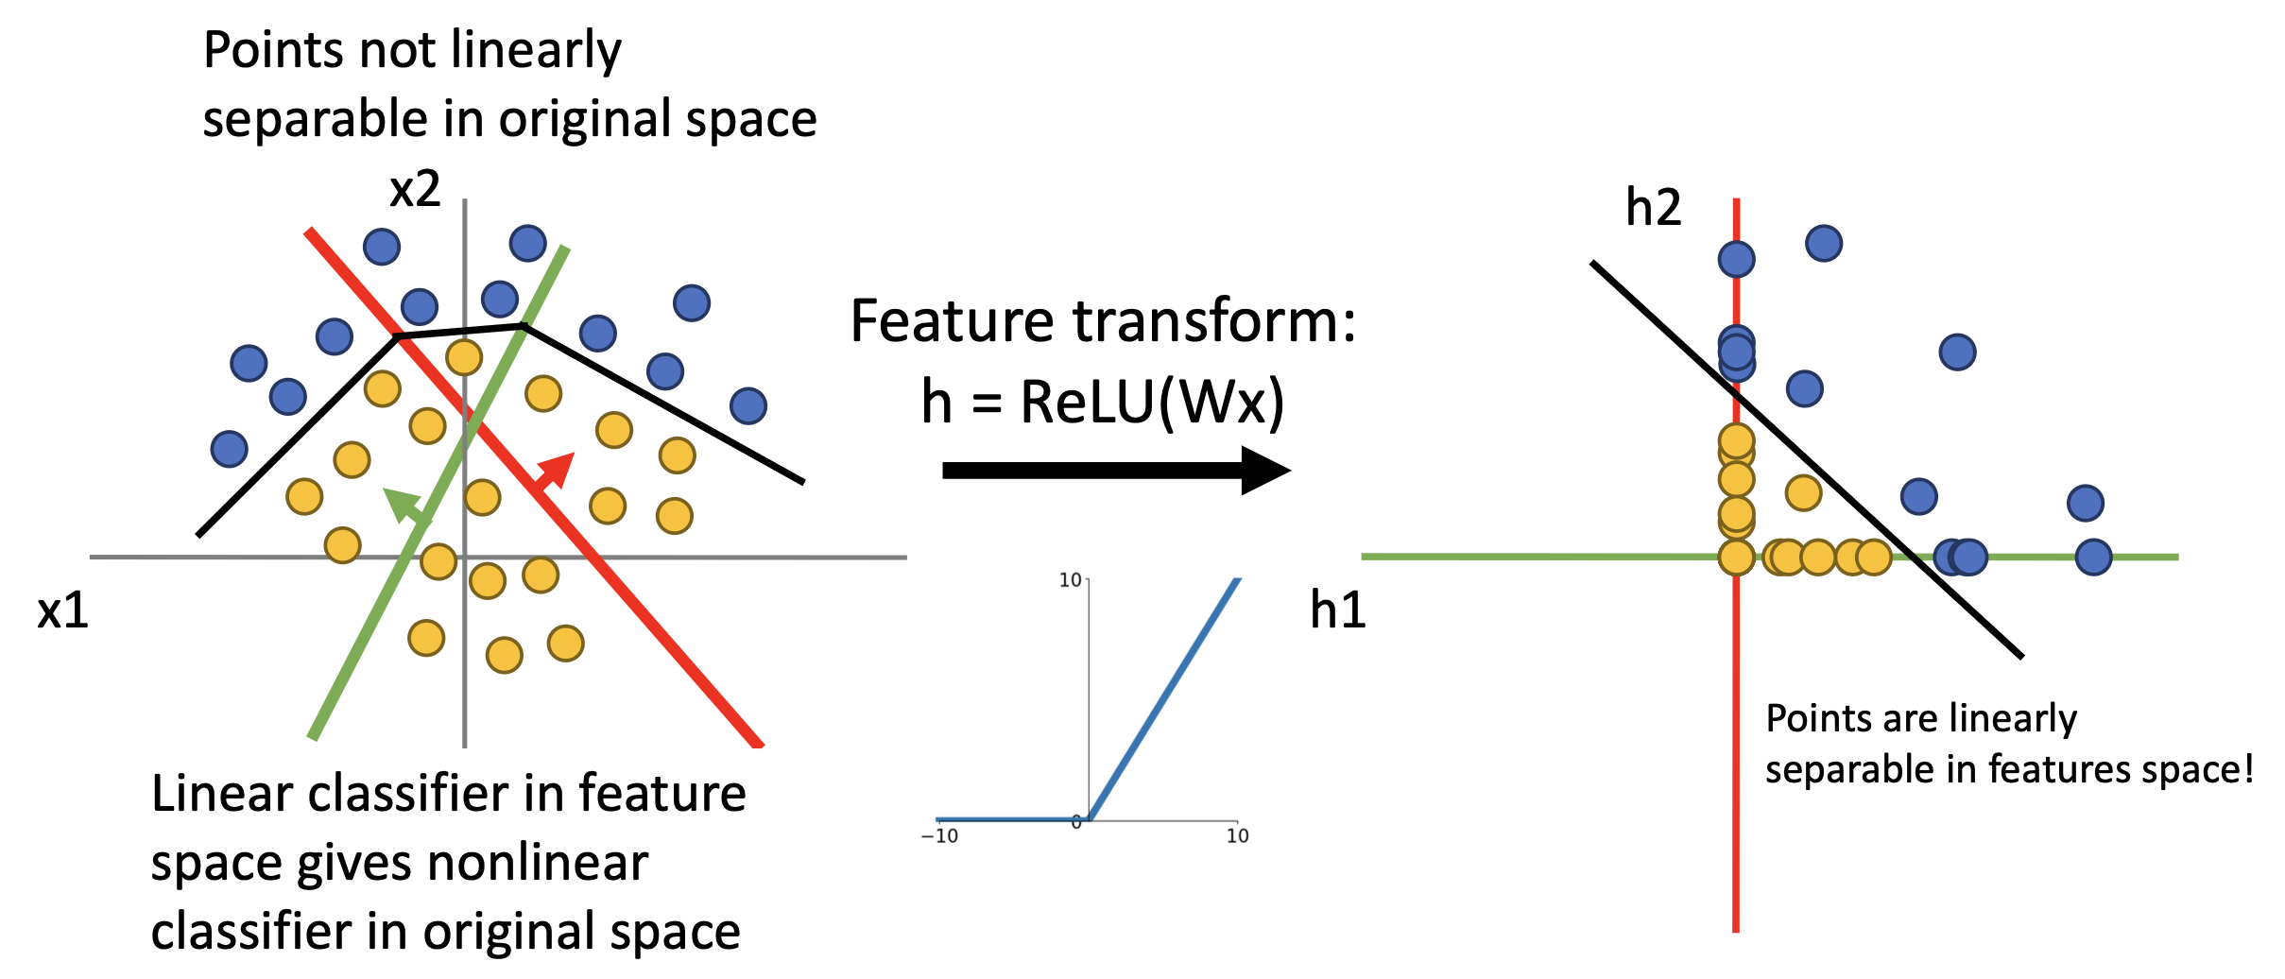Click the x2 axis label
tap(415, 189)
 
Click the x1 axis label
tap(62, 610)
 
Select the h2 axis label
tap(1653, 207)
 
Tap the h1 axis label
tap(1337, 610)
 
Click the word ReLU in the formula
tap(1087, 402)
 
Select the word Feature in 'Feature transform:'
tap(954, 321)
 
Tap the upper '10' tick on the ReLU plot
tap(1070, 580)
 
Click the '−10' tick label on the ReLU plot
tap(939, 836)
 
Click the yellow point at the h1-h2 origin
tap(1736, 558)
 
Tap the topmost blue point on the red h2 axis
tap(1737, 258)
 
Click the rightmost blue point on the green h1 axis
tap(2093, 558)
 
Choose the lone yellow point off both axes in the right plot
tap(1803, 492)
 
